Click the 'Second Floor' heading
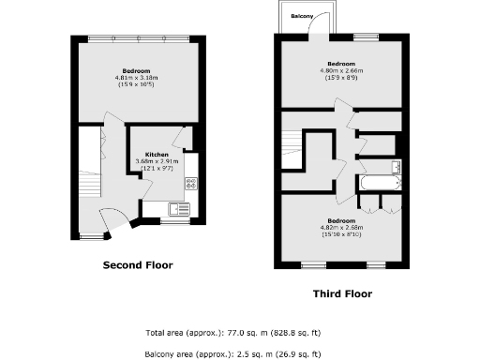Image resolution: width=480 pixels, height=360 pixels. pyautogui.click(x=137, y=265)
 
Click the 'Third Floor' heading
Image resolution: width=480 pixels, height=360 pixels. pyautogui.click(x=341, y=293)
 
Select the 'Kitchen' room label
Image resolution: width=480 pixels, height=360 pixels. pyautogui.click(x=157, y=154)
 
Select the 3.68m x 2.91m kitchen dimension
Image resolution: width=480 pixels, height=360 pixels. pyautogui.click(x=157, y=161)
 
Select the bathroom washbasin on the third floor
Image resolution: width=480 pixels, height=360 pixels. pyautogui.click(x=397, y=167)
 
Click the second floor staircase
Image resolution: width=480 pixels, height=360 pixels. pyautogui.click(x=89, y=178)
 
